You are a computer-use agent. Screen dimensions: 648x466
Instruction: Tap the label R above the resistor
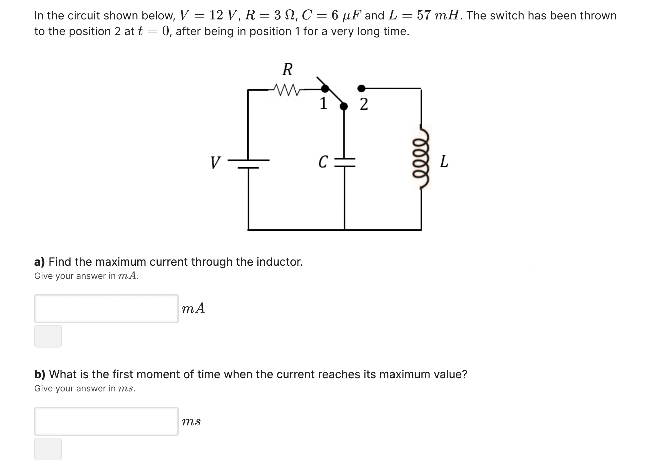287,69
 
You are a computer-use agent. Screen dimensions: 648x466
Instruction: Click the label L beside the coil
444,162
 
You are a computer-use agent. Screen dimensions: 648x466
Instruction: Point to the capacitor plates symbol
345,162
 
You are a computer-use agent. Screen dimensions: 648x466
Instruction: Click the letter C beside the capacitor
323,162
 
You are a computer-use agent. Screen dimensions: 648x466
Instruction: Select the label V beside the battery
215,162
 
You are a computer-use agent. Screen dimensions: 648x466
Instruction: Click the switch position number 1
324,103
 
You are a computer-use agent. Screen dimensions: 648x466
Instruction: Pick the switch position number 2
364,104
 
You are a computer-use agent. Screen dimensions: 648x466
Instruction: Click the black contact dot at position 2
361,88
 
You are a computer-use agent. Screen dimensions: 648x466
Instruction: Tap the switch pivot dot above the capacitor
344,106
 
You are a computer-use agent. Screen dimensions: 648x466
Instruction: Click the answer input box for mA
106,309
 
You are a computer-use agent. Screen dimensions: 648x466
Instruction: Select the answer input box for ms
106,421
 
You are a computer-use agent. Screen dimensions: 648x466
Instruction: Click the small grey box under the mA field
48,336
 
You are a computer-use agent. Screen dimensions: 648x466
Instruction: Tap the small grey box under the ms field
48,449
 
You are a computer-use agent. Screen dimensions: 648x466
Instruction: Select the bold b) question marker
40,374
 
